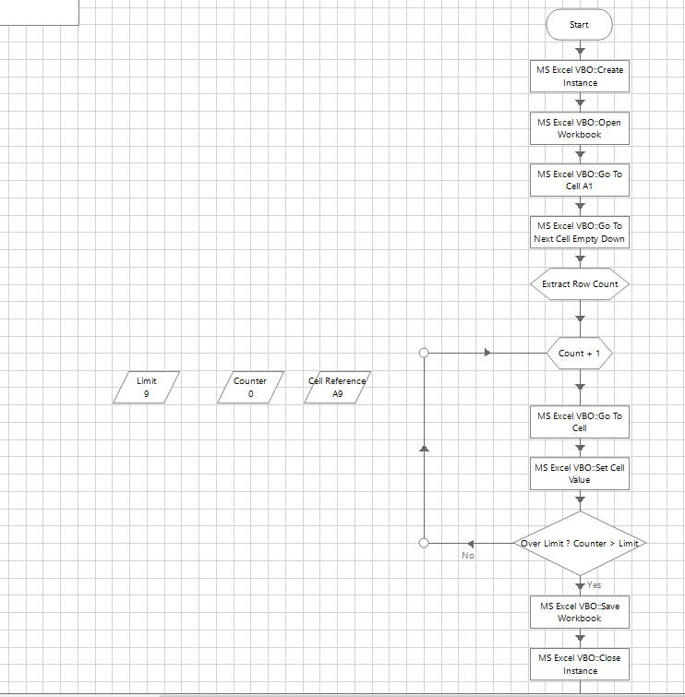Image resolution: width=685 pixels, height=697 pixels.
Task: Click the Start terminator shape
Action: click(x=579, y=25)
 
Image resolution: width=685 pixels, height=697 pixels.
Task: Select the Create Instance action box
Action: click(x=579, y=77)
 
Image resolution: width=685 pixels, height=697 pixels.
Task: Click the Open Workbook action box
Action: click(x=579, y=128)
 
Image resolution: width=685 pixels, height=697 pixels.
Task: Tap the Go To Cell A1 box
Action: click(x=579, y=180)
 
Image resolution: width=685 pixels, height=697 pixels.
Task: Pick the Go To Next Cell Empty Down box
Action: click(x=579, y=233)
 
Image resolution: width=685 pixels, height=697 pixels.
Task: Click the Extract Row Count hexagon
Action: click(x=579, y=284)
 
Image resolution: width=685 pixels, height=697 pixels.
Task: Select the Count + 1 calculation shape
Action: click(x=579, y=353)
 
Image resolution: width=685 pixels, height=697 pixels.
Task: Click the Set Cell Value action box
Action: click(x=579, y=474)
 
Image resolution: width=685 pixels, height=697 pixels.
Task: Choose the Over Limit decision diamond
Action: click(x=579, y=544)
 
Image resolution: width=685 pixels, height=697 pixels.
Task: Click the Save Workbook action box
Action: click(x=579, y=612)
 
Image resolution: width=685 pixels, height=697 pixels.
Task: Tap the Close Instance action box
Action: click(x=579, y=664)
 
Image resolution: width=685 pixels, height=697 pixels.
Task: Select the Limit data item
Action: click(x=147, y=387)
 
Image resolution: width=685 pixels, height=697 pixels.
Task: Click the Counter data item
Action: click(x=250, y=387)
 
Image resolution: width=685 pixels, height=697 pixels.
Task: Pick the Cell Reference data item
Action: click(x=337, y=387)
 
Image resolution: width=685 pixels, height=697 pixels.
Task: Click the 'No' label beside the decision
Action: click(x=468, y=555)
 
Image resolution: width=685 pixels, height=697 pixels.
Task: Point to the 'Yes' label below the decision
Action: click(x=594, y=585)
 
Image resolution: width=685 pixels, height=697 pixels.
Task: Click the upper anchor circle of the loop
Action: click(x=424, y=353)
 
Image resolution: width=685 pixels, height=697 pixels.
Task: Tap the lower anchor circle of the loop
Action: click(x=424, y=544)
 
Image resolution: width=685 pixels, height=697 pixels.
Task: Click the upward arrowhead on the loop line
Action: click(x=424, y=448)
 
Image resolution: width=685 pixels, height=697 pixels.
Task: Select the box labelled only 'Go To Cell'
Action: click(x=579, y=422)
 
